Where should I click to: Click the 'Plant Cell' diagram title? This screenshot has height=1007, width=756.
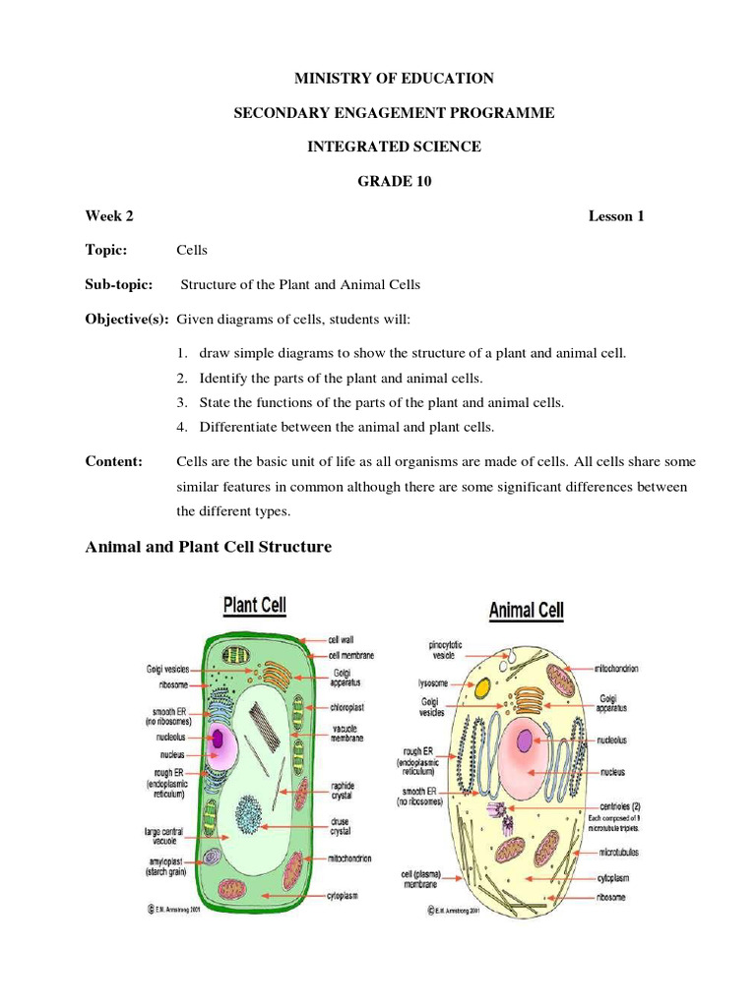click(255, 603)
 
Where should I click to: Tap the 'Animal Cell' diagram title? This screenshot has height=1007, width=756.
click(527, 610)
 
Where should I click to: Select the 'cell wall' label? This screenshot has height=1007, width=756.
click(341, 639)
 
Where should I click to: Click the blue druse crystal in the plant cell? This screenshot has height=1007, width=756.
click(251, 813)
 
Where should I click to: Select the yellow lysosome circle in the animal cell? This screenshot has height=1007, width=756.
click(482, 690)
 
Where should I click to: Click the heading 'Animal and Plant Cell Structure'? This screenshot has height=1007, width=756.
click(209, 547)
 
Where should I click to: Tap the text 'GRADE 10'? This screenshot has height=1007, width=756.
click(394, 181)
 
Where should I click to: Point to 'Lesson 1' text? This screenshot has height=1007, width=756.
click(616, 216)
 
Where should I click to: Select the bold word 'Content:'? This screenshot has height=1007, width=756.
click(114, 461)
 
